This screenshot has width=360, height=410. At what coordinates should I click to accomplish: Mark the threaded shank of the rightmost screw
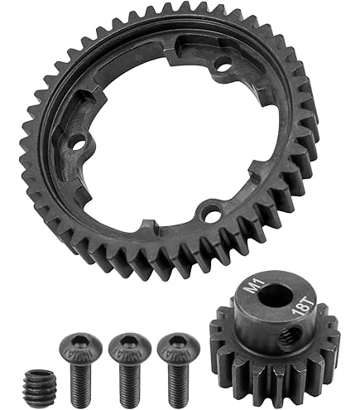(176, 377)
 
